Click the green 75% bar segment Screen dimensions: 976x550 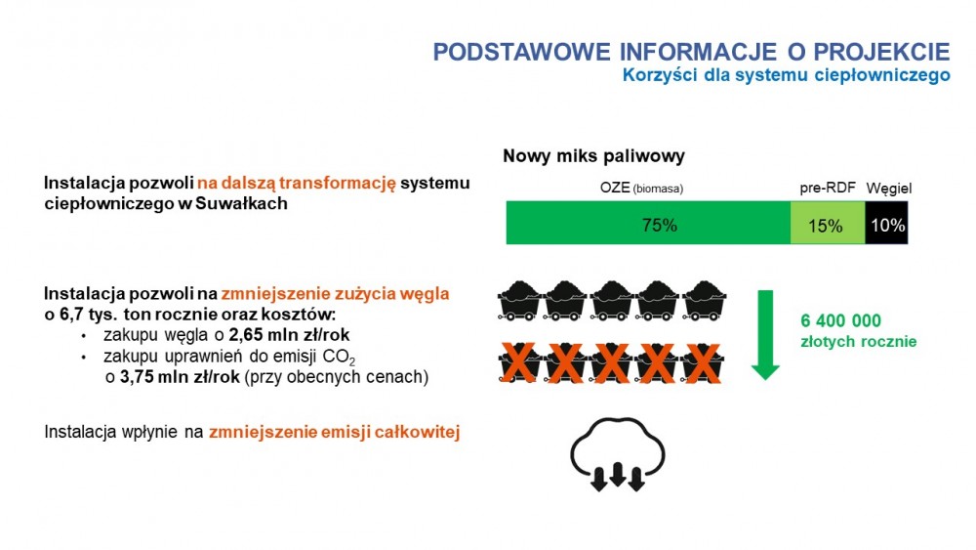(648, 223)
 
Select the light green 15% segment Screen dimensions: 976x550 (828, 223)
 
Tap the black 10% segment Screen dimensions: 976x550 (887, 223)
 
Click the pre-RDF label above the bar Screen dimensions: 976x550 (828, 189)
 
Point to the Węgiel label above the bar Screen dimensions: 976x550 (889, 189)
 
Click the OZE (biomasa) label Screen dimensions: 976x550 (641, 189)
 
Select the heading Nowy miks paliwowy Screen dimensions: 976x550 (593, 155)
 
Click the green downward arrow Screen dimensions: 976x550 (765, 334)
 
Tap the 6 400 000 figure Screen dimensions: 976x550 (840, 320)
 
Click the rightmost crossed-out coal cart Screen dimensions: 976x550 (702, 362)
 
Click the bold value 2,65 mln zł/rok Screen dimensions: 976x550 (289, 335)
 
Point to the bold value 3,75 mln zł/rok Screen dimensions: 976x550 (180, 377)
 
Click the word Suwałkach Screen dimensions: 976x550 (241, 203)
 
